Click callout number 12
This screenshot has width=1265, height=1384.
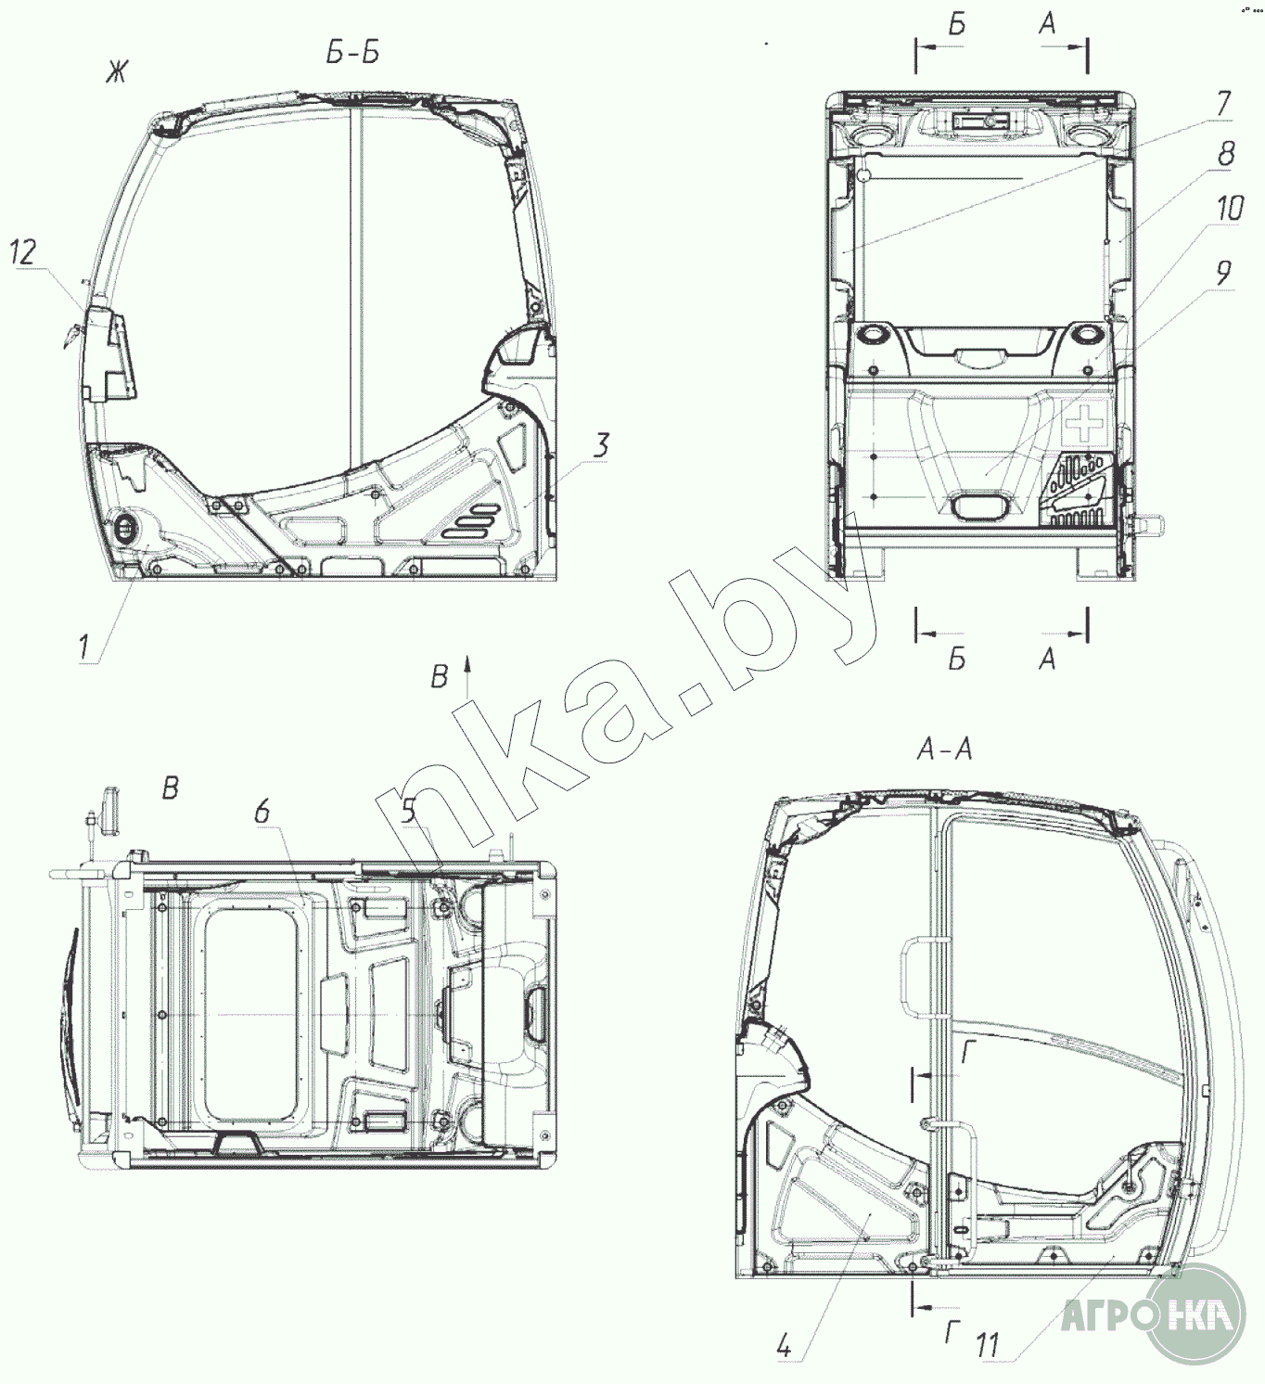[23, 252]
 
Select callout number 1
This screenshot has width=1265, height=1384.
[83, 647]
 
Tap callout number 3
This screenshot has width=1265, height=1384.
[601, 445]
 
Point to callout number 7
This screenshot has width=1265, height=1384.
[1222, 104]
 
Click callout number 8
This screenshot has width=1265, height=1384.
[1225, 153]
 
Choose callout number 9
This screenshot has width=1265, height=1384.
[1222, 274]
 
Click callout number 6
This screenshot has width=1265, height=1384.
[262, 812]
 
